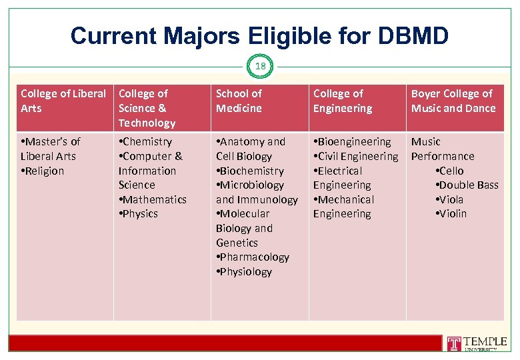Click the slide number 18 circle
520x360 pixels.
[260, 66]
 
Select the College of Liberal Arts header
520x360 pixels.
[63, 101]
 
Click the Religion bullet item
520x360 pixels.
[43, 171]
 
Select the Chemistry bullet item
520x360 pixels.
[145, 141]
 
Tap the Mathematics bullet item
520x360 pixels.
[153, 199]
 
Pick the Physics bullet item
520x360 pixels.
[139, 213]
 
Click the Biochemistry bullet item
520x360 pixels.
[250, 171]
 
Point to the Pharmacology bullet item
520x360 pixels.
[253, 257]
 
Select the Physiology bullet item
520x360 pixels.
[244, 271]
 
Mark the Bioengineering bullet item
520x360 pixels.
[353, 141]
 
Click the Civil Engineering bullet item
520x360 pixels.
[356, 156]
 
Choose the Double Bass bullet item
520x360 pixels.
[467, 185]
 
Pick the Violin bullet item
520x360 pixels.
[451, 213]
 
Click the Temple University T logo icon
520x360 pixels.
[454, 343]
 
